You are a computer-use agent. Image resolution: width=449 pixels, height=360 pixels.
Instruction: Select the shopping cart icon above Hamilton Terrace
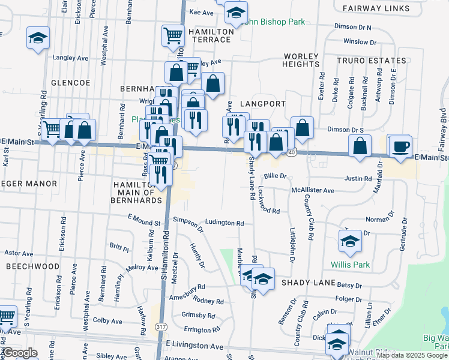(173, 36)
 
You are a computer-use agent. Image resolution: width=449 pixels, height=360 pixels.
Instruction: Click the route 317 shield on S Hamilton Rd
(160, 326)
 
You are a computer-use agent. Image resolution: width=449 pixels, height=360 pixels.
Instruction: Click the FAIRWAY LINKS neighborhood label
(376, 8)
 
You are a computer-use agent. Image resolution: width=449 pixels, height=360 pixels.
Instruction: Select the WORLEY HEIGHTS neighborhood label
(301, 60)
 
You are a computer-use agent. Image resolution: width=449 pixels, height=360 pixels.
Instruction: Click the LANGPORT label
(262, 104)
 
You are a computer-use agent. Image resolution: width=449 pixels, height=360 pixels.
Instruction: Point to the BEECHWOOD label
(33, 266)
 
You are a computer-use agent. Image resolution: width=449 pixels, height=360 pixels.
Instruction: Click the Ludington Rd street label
(224, 223)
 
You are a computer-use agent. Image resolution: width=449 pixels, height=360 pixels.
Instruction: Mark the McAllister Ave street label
(312, 190)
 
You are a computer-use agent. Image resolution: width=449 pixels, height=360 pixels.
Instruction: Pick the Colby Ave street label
(108, 321)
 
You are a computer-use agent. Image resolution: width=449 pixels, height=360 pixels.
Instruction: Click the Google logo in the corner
(20, 353)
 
